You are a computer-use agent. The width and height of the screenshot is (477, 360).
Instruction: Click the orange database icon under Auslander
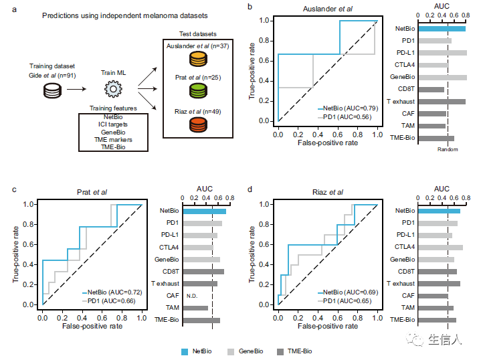[198, 59]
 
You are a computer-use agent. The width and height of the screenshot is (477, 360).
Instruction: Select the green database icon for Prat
[198, 91]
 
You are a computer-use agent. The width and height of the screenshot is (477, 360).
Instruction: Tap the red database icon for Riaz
[198, 124]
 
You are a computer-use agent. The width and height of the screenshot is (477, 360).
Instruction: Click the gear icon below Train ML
[113, 89]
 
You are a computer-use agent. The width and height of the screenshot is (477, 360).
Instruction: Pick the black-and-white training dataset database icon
[52, 91]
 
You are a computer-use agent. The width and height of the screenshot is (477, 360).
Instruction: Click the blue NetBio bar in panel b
[442, 29]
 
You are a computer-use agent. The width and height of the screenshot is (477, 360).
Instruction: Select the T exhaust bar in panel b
[442, 102]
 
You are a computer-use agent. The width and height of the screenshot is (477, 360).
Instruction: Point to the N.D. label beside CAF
[192, 296]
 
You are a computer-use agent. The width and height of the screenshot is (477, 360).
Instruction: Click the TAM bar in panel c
[195, 308]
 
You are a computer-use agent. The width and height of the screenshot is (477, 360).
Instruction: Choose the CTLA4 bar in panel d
[440, 248]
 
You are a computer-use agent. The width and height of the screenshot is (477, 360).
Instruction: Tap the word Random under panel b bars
[448, 149]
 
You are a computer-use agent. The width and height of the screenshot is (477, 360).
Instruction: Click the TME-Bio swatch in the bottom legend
[280, 352]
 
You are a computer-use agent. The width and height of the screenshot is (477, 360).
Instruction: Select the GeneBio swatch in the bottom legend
[231, 352]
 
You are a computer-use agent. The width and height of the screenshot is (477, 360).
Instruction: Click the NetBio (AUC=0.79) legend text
[351, 108]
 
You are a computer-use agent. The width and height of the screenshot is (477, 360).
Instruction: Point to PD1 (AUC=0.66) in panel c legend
[111, 301]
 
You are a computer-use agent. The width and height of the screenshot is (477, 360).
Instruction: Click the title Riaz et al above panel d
[328, 192]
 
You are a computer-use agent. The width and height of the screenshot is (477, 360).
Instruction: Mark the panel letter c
[14, 189]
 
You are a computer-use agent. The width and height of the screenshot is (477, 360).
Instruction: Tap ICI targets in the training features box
[113, 124]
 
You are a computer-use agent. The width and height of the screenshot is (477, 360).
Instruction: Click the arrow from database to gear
[77, 89]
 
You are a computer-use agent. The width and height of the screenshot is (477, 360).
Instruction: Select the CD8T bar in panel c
[203, 272]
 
